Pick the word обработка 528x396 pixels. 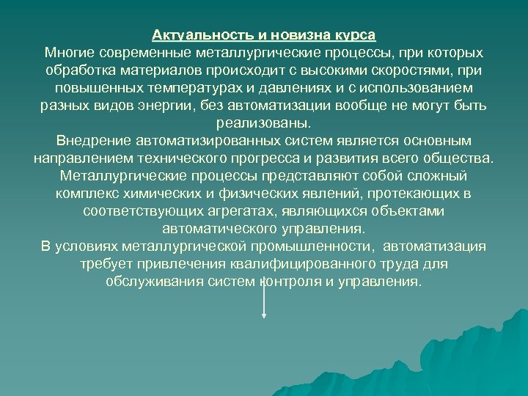[77, 70]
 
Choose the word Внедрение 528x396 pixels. [92, 141]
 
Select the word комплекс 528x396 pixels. [87, 194]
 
